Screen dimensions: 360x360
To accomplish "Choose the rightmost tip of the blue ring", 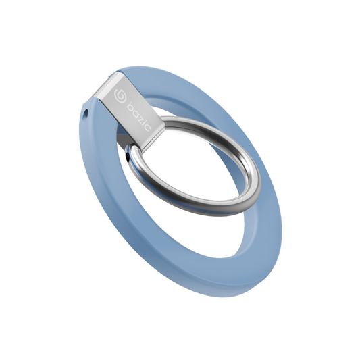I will (x=281, y=223).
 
